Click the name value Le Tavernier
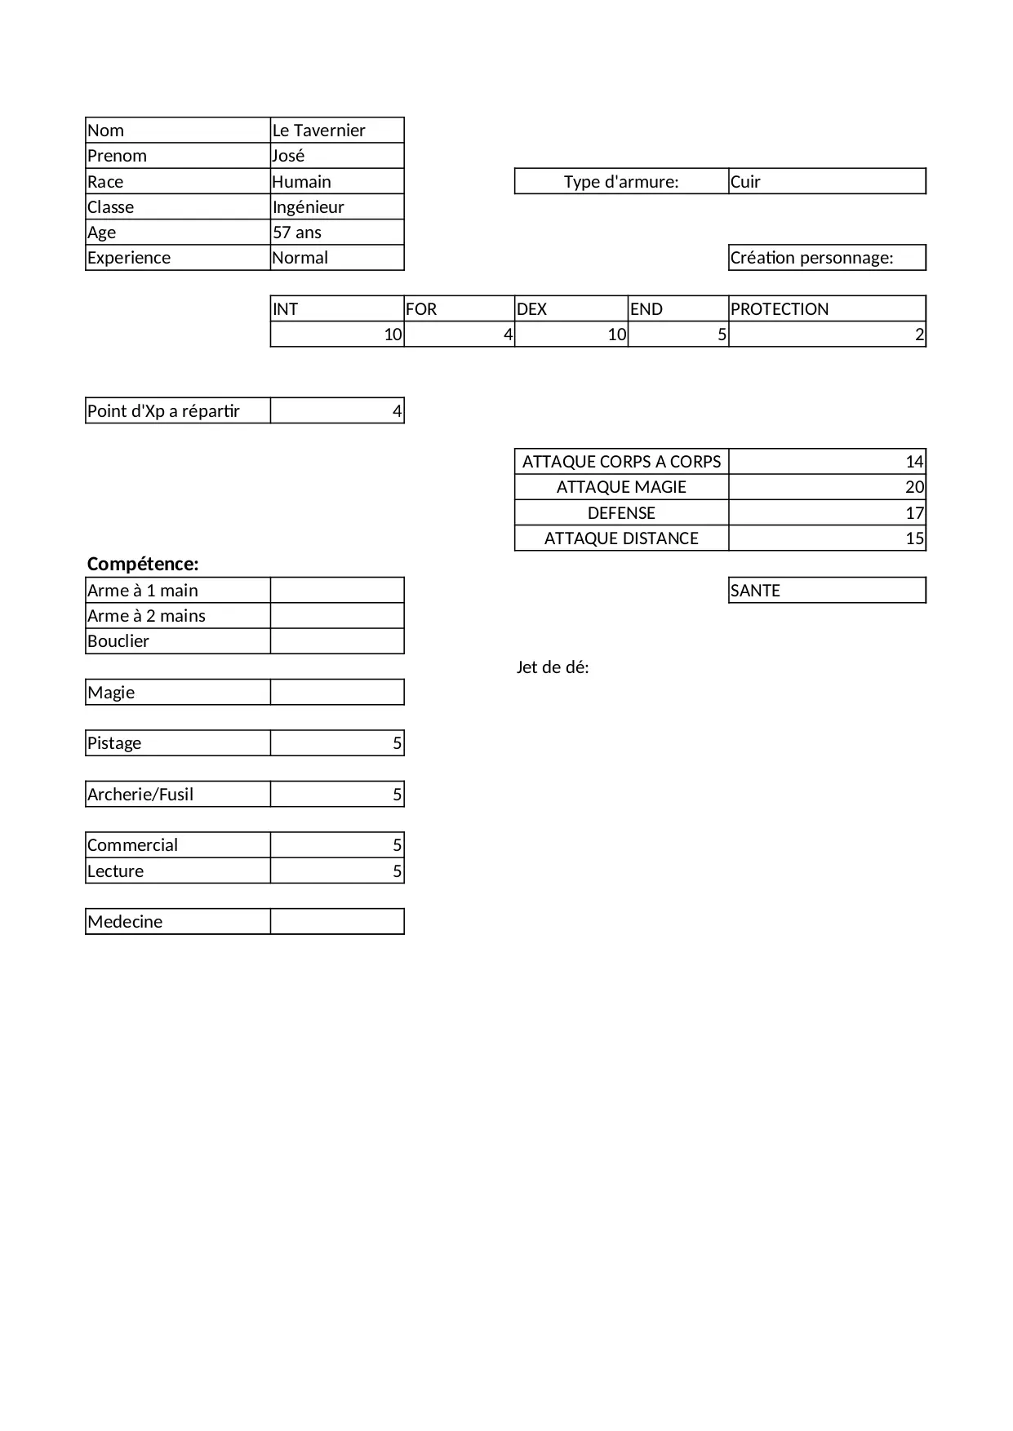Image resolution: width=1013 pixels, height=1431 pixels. pos(319,131)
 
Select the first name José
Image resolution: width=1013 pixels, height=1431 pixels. pos(289,156)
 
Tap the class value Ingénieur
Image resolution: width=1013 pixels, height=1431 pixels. pos(309,207)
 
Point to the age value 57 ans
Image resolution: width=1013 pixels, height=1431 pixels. pos(297,233)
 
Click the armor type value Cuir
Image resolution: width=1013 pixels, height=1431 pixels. pos(745,182)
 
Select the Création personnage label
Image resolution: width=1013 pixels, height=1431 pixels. pos(812,258)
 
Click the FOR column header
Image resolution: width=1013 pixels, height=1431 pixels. pos(421,309)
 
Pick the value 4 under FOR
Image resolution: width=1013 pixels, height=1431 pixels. pos(508,334)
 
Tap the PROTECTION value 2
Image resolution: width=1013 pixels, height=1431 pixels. pos(919,334)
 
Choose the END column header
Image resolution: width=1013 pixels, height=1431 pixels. pos(646,309)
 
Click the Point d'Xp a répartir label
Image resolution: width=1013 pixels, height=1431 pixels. pos(164,411)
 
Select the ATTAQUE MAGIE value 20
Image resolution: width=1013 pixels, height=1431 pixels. pos(914,488)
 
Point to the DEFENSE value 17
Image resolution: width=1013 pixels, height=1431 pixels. pos(914,513)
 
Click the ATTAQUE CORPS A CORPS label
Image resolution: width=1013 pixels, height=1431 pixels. pos(621,462)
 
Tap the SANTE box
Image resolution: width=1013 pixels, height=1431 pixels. pos(827,591)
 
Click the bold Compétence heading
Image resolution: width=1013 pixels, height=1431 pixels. pos(143,565)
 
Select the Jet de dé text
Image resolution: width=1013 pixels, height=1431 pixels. pos(553,667)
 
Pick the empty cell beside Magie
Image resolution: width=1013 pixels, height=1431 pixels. pos(337,693)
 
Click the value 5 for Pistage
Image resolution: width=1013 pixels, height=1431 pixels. pos(398,743)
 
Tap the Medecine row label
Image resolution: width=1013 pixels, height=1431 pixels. pos(125,922)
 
